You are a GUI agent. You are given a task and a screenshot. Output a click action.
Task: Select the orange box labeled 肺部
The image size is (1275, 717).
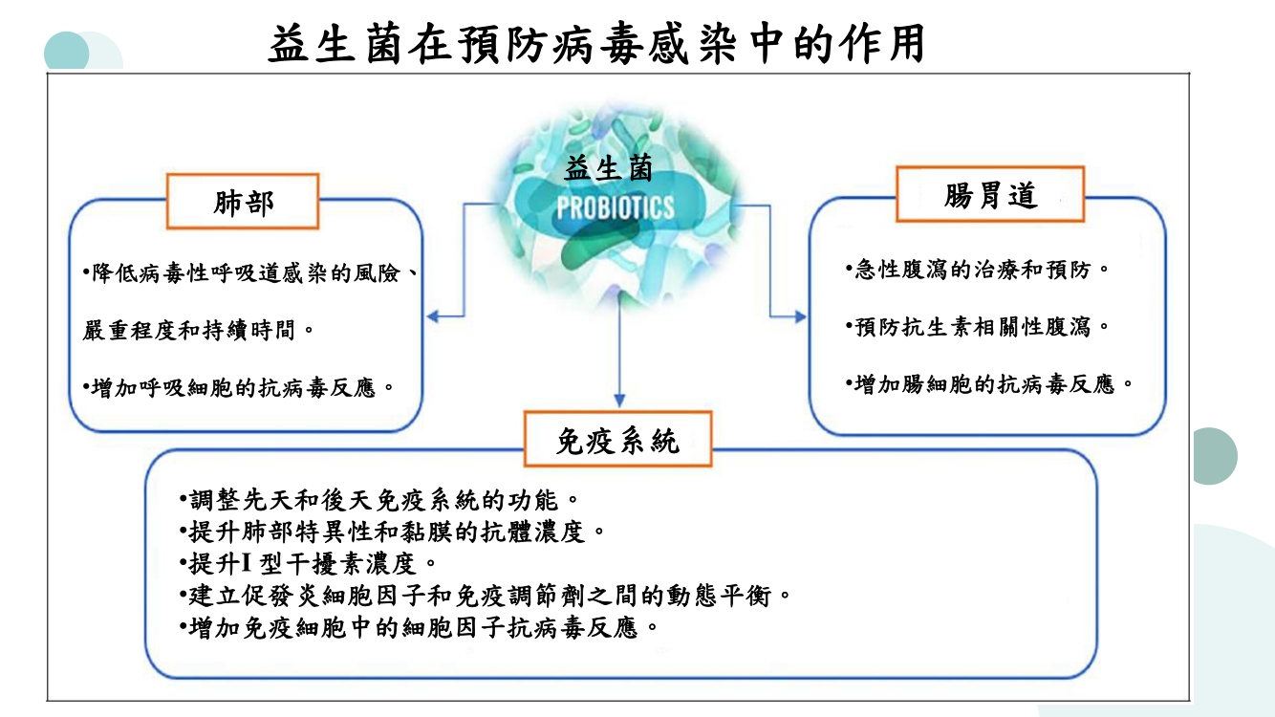tap(243, 202)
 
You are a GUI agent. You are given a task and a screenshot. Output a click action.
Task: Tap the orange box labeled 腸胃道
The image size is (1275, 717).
tap(989, 195)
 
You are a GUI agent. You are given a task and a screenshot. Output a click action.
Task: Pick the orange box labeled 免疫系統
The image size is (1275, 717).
tap(617, 440)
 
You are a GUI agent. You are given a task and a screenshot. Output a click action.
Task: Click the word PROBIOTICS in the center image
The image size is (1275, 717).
tap(615, 207)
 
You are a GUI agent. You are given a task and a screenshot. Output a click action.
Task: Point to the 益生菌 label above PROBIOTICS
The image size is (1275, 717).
tap(609, 169)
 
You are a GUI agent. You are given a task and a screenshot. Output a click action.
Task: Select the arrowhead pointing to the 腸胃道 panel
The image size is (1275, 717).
tap(800, 315)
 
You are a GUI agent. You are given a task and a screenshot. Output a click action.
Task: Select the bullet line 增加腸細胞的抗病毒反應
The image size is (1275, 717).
tap(989, 384)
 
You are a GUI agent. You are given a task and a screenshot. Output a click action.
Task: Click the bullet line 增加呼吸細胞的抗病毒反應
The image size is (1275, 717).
tap(239, 388)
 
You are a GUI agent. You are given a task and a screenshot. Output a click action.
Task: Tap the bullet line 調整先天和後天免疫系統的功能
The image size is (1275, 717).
tap(378, 499)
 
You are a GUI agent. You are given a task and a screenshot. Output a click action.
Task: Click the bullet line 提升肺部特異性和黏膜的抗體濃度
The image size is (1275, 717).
tap(392, 531)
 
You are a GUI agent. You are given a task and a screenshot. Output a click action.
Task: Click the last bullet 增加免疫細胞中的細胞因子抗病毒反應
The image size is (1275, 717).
tap(419, 628)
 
